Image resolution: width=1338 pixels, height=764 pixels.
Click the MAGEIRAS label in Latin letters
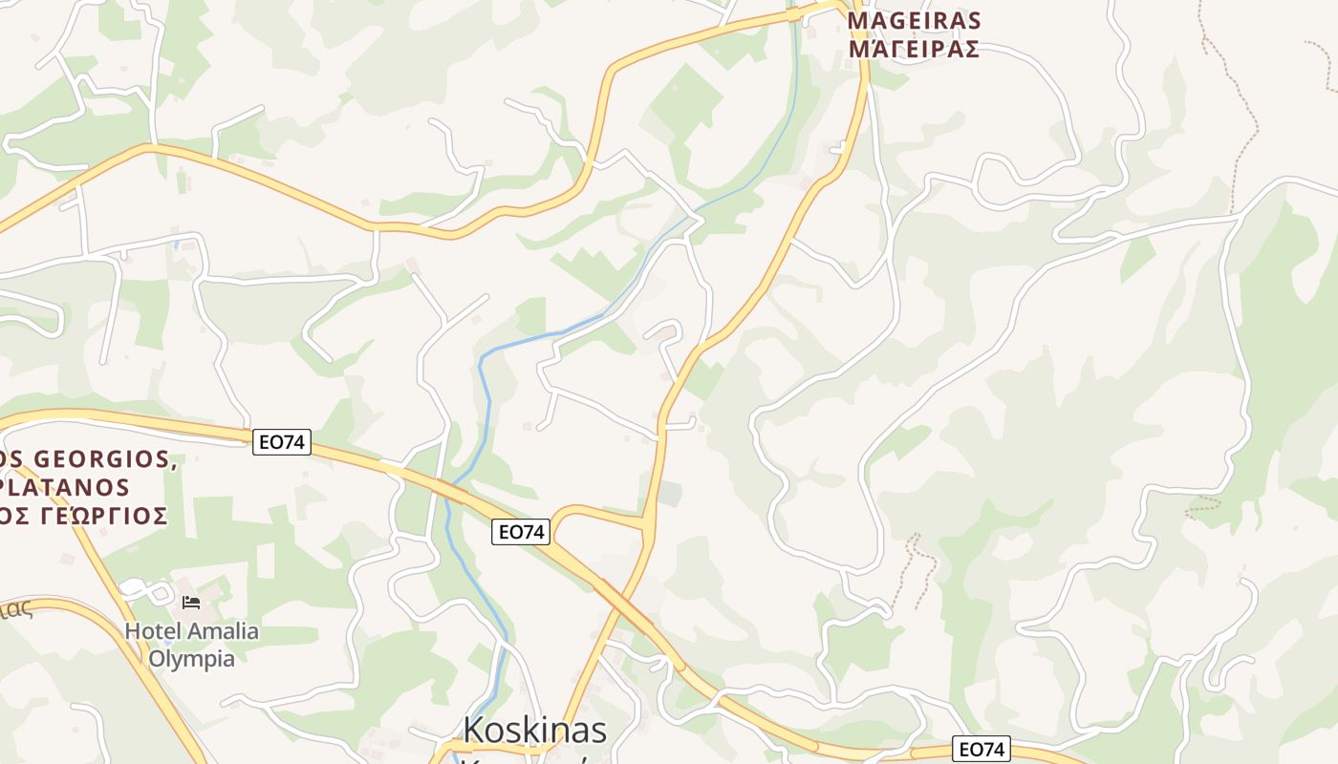(915, 20)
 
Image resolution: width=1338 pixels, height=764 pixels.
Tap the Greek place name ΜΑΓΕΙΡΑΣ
(915, 48)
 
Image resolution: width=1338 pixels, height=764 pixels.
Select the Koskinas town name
(534, 730)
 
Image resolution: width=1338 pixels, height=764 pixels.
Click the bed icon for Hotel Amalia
(191, 603)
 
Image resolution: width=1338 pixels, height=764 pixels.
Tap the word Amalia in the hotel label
(223, 631)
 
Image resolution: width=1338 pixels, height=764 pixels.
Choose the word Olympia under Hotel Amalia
(191, 658)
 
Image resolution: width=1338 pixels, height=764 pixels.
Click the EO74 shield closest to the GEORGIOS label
(282, 442)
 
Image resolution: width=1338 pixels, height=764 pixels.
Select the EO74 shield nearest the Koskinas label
(521, 532)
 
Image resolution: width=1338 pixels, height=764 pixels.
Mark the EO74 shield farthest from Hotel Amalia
(982, 750)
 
